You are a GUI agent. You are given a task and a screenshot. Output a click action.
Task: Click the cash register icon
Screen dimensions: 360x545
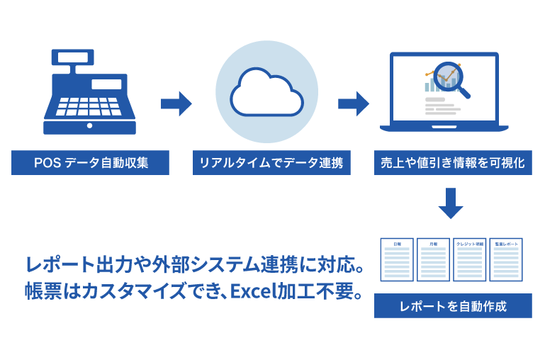point(89,92)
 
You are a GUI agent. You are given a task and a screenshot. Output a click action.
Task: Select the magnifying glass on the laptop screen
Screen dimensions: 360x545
point(449,77)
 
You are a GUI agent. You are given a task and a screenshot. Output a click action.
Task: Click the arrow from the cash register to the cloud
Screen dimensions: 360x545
point(176,105)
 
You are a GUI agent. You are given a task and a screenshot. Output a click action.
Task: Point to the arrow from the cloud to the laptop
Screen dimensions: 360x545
point(353,105)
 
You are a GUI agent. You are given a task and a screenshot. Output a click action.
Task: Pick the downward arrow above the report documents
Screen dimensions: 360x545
point(450,203)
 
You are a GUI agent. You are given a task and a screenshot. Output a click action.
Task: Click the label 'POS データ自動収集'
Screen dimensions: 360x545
point(90,164)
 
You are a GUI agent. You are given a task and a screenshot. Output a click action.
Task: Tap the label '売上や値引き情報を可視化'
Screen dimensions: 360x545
point(450,164)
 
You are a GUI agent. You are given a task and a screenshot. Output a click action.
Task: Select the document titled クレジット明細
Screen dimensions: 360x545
point(469,259)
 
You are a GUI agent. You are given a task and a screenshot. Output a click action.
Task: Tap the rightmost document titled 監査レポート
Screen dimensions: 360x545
point(506,259)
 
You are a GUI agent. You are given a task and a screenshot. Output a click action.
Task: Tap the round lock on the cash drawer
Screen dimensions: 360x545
point(89,125)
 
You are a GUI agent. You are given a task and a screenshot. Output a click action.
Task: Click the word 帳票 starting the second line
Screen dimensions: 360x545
point(40,293)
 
